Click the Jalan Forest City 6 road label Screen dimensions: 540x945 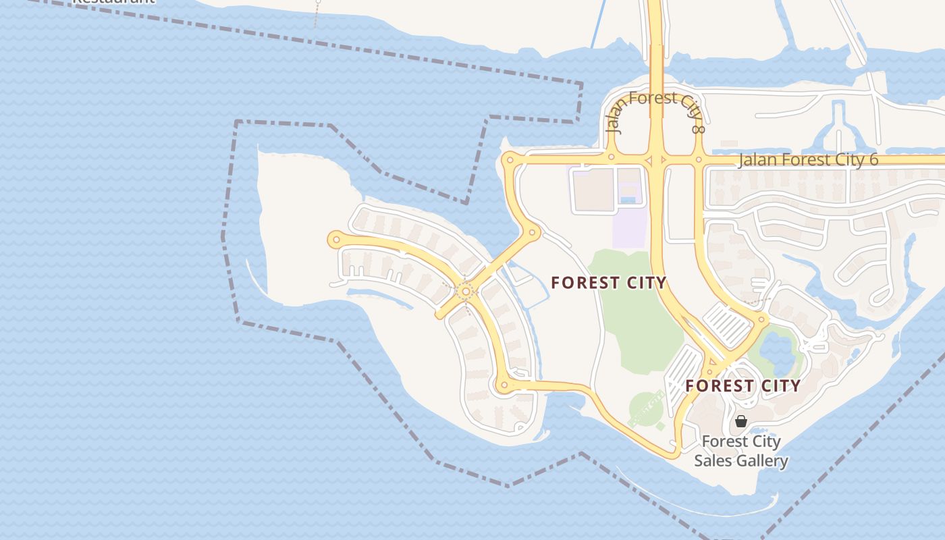808,160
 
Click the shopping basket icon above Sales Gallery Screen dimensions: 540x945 741,421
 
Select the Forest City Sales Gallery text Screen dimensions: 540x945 741,451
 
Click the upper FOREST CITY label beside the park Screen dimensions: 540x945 608,283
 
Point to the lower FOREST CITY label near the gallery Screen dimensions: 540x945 742,386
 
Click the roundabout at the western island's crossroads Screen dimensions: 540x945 465,292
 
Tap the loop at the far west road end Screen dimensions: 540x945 336,239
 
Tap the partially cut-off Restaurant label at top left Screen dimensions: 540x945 113,2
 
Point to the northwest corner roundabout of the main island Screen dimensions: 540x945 510,161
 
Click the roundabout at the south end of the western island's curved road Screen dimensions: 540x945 504,385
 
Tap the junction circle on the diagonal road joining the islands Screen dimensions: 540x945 533,233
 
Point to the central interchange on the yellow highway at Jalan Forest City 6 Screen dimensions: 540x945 655,161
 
